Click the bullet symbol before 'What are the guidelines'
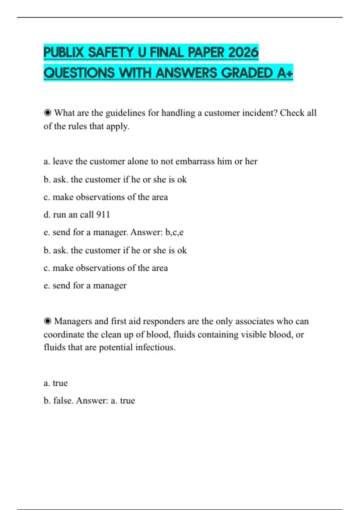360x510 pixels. point(47,113)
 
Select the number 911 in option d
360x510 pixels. point(103,214)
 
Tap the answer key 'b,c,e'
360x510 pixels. point(174,232)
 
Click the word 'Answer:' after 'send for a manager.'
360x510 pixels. point(146,232)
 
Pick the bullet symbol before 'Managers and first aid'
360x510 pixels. point(47,321)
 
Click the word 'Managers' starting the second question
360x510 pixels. point(73,321)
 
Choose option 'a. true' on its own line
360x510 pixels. point(55,383)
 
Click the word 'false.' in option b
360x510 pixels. point(63,400)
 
